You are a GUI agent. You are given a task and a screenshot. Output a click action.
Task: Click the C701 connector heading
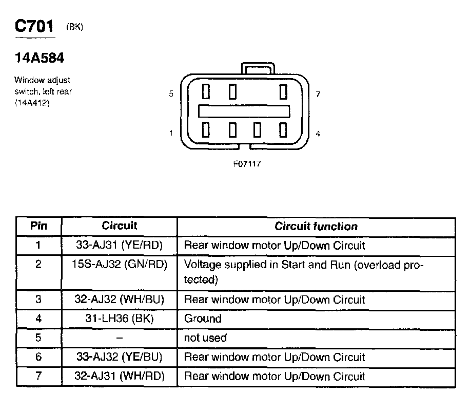point(34,27)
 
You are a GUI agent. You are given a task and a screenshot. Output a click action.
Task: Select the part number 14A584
point(39,59)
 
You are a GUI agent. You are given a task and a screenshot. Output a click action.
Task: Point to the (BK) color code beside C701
point(74,28)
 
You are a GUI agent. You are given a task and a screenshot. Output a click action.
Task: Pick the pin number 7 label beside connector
point(318,94)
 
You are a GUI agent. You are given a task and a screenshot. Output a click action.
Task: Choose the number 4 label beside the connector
point(318,134)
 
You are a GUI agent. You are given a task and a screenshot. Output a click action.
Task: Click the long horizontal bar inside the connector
point(244,111)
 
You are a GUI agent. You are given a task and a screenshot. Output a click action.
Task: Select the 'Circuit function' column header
point(316,226)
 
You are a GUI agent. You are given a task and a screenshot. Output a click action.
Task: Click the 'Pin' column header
point(38,226)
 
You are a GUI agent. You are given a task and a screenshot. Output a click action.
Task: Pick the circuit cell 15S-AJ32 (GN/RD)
point(119,265)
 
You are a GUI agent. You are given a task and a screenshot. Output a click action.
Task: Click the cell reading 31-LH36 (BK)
point(119,319)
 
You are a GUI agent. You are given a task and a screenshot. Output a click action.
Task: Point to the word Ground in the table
point(203,319)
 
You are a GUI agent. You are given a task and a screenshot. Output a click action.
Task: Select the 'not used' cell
point(205,338)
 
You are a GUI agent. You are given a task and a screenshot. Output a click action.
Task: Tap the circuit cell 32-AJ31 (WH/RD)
point(119,376)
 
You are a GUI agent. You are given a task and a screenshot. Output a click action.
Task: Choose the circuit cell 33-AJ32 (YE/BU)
point(119,357)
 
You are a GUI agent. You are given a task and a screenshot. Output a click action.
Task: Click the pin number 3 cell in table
point(38,300)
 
